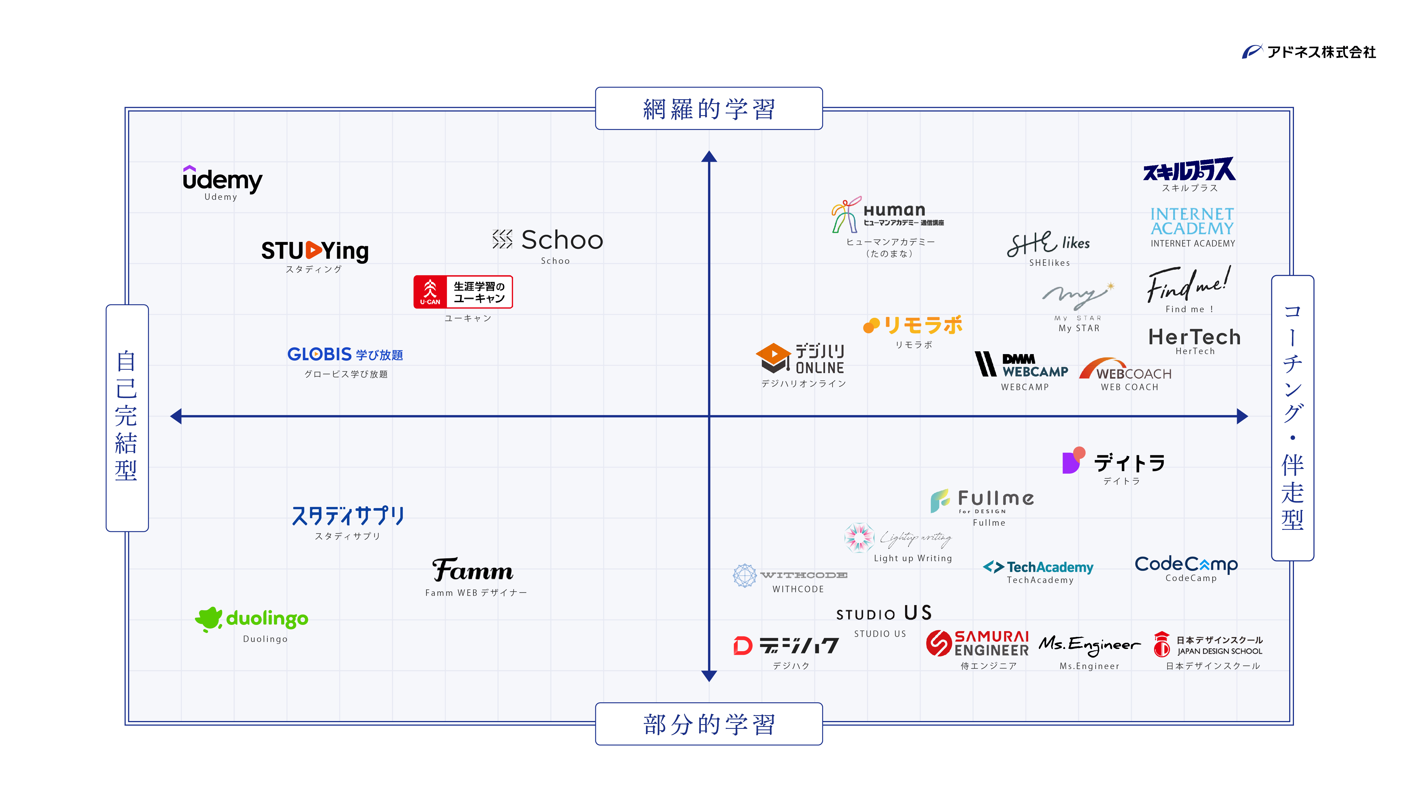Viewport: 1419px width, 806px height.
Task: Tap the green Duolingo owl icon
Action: point(209,619)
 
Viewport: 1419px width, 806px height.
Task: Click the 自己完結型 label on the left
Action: point(127,417)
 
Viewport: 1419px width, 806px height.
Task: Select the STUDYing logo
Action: point(315,251)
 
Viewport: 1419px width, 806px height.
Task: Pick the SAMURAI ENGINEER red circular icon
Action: point(939,643)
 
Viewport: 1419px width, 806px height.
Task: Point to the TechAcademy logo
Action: point(1038,567)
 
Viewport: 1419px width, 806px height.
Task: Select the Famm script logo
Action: point(473,570)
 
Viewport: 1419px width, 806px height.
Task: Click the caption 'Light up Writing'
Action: point(913,558)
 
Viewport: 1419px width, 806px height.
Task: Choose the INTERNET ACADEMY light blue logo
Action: point(1192,221)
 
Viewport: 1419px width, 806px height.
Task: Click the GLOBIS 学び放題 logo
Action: point(345,354)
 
